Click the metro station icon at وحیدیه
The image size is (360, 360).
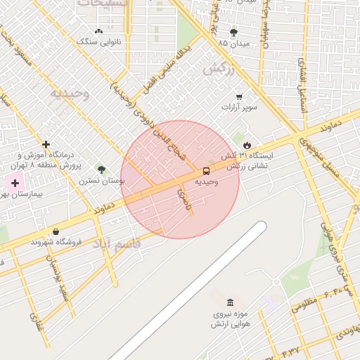tap(206, 170)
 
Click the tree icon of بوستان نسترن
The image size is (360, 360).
tap(102, 169)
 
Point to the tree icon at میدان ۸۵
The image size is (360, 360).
tap(233, 32)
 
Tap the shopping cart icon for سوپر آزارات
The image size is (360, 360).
tap(239, 96)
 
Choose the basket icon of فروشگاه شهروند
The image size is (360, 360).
tap(56, 231)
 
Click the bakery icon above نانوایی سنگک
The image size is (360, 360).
tap(98, 31)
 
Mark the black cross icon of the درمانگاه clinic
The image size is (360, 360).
tap(46, 144)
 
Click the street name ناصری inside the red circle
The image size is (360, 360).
tap(184, 200)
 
